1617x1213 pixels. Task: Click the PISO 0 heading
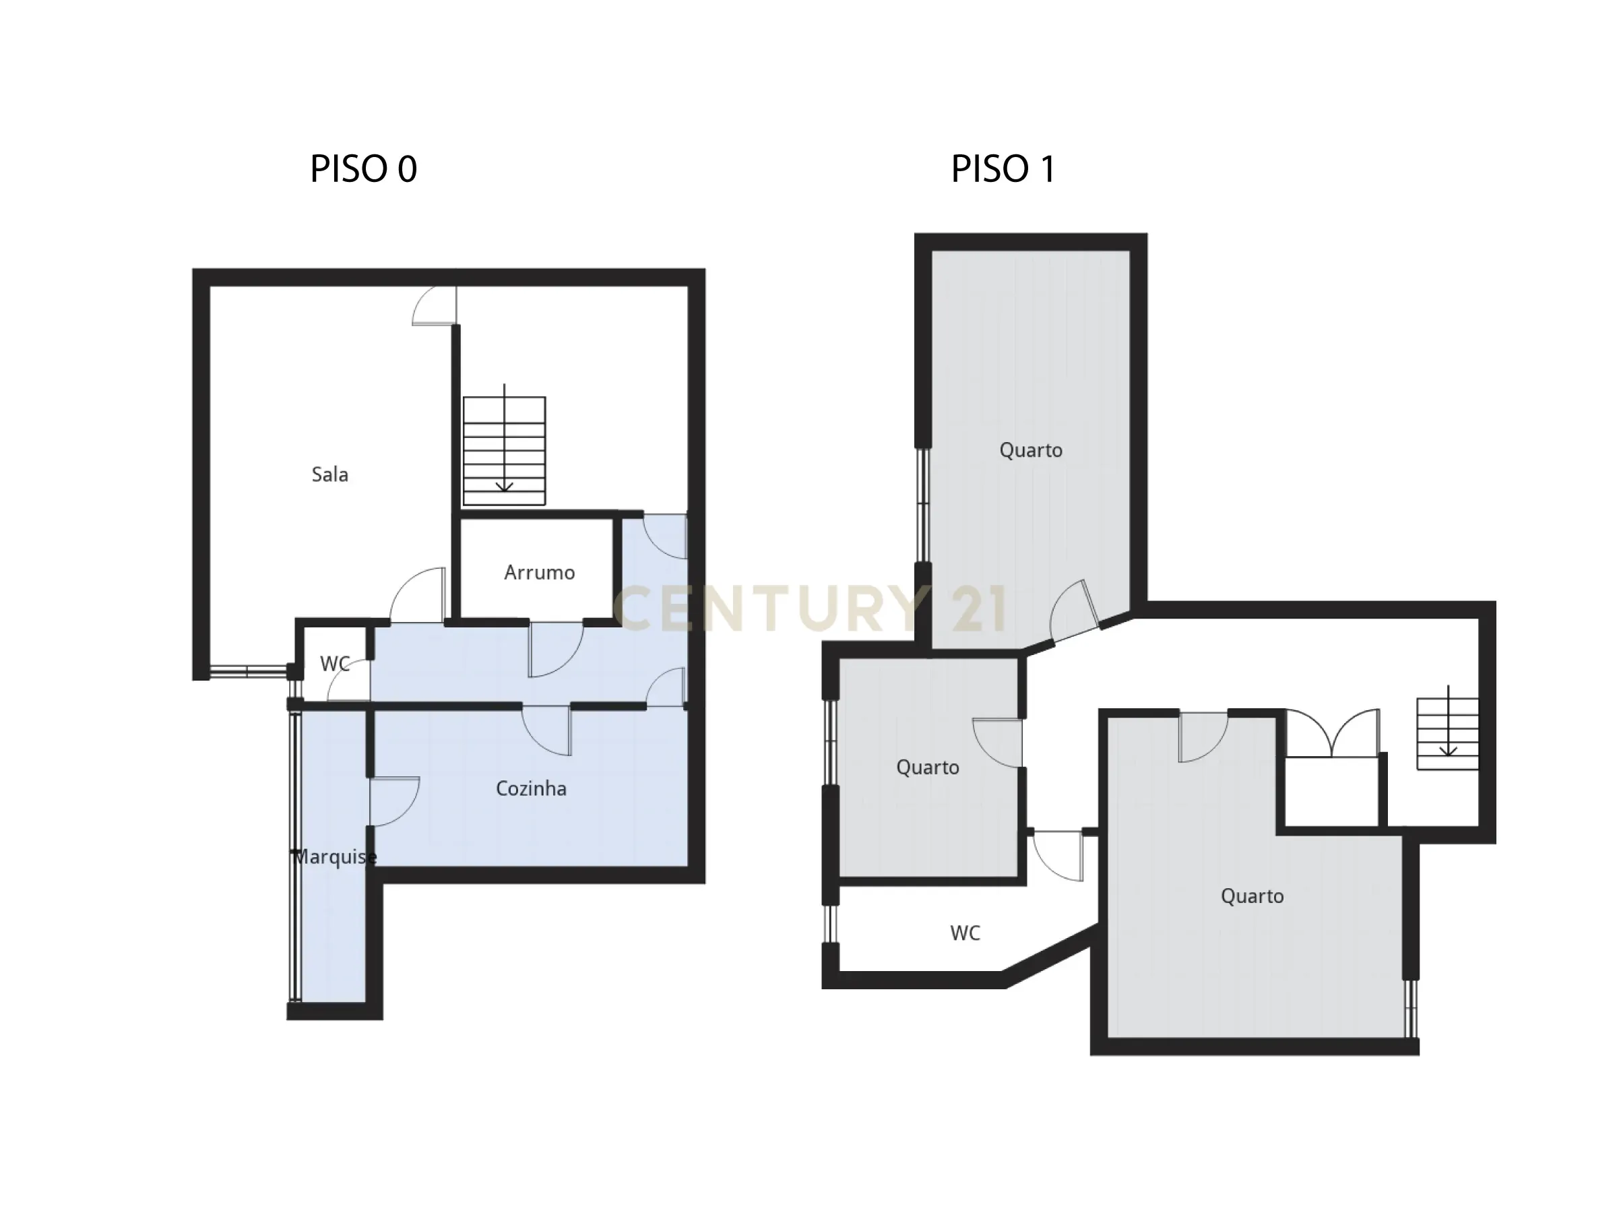pyautogui.click(x=363, y=169)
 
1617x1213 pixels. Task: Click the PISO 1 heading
pyautogui.click(x=1003, y=169)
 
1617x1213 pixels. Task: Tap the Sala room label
pyautogui.click(x=329, y=474)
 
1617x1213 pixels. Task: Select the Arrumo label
pyautogui.click(x=539, y=573)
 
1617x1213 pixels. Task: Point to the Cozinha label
pyautogui.click(x=531, y=788)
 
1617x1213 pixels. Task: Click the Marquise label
pyautogui.click(x=335, y=857)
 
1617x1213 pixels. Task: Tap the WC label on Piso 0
pyautogui.click(x=335, y=663)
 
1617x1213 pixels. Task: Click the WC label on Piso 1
pyautogui.click(x=965, y=933)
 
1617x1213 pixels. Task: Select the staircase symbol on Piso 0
pyautogui.click(x=504, y=449)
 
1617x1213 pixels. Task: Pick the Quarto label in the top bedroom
pyautogui.click(x=1031, y=449)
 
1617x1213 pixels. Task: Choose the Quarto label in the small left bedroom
pyautogui.click(x=927, y=767)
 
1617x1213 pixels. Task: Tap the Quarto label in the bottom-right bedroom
pyautogui.click(x=1252, y=896)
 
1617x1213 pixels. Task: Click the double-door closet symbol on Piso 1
pyautogui.click(x=1333, y=733)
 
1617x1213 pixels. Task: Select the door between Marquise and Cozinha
pyautogui.click(x=393, y=801)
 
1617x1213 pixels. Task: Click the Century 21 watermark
pyautogui.click(x=810, y=609)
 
